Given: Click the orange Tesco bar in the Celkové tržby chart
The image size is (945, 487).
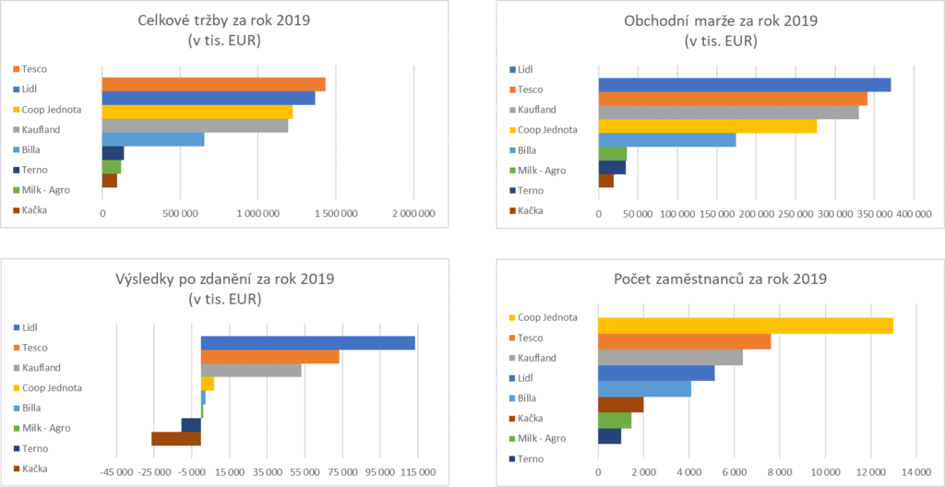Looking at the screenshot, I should (213, 84).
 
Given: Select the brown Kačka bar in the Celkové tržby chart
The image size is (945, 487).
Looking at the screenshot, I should (109, 181).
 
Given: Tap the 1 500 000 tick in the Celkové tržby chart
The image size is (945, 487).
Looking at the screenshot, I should (337, 213).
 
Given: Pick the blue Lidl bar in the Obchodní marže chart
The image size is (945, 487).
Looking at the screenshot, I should (744, 85).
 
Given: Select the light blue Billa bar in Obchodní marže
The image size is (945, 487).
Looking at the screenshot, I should (667, 139).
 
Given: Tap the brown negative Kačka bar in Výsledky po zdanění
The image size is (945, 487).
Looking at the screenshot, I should (176, 438).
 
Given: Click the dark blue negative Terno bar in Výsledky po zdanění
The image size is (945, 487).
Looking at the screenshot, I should (191, 424).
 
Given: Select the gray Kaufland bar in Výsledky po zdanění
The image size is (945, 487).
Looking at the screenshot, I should (251, 370).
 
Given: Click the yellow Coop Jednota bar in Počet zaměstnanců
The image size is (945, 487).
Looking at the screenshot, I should (746, 325).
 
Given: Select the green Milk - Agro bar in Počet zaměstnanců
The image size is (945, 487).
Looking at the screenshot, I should (615, 421).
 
